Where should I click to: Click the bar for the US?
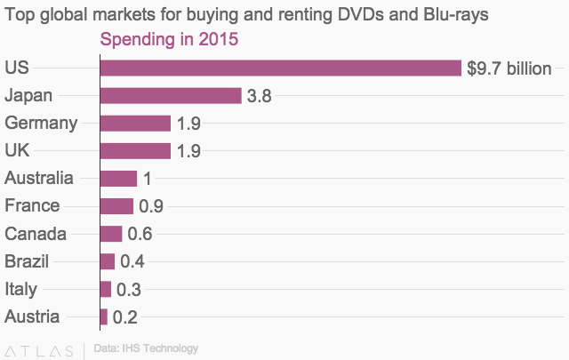coord(281,68)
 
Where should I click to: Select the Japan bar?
coord(171,96)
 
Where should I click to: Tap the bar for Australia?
coord(118,179)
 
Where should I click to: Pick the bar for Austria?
coord(104,316)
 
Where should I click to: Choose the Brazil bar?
coord(108,261)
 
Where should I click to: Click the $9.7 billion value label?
coord(509,68)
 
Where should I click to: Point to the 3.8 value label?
coord(259,96)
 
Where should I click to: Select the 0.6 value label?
coord(140,234)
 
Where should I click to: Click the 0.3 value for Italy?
coord(129,289)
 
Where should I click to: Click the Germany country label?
coord(41,124)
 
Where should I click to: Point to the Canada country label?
coord(36,234)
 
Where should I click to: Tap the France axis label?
coord(32,206)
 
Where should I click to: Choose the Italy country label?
coord(20,289)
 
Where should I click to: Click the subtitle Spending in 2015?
coord(169,41)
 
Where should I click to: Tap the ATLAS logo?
coord(39,349)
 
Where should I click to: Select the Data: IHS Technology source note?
coord(145,348)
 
